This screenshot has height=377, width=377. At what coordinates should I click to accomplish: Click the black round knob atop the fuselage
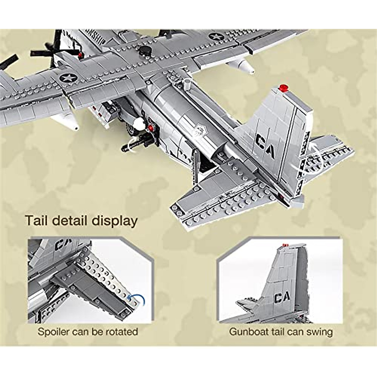click(x=145, y=50)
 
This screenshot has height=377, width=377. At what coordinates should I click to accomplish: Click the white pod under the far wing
click(x=242, y=65)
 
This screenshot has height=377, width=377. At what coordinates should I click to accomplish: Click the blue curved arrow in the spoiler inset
click(x=138, y=299)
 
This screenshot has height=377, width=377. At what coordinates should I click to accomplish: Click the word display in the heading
click(x=114, y=221)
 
